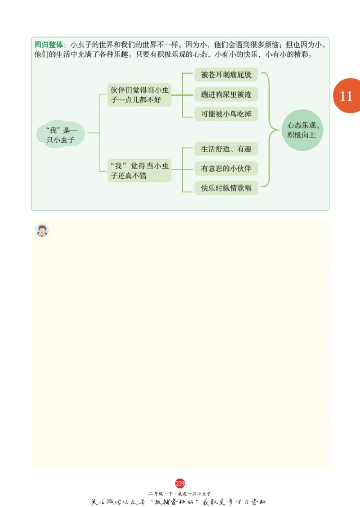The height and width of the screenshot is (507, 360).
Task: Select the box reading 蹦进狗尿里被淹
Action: [x=226, y=94]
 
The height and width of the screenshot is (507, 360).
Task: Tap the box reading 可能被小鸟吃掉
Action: [x=226, y=114]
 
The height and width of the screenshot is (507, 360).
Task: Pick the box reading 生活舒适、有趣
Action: [x=226, y=149]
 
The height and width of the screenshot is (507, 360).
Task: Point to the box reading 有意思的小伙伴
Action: [x=226, y=168]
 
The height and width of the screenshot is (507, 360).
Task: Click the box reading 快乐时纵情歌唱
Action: [x=226, y=188]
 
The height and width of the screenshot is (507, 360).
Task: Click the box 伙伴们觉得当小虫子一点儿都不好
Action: [x=139, y=94]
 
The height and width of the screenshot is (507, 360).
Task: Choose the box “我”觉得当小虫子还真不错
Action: [x=139, y=171]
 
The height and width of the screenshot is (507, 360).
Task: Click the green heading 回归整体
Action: [x=49, y=45]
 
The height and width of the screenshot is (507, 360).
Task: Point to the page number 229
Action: [x=180, y=484]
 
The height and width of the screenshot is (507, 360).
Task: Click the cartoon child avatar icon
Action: [x=42, y=230]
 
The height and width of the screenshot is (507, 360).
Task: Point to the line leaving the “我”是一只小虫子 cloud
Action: [x=93, y=133]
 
